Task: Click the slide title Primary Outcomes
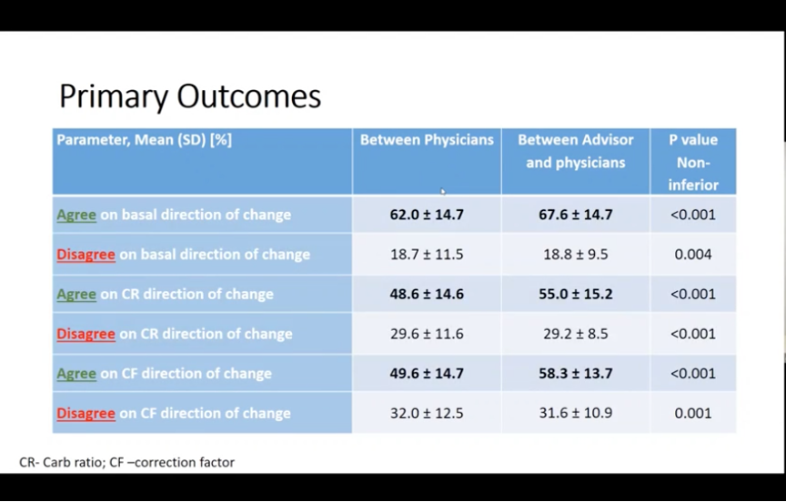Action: click(190, 96)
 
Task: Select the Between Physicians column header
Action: click(427, 140)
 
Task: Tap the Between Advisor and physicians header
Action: click(576, 151)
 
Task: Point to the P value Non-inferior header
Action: click(693, 162)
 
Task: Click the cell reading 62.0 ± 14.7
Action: click(427, 215)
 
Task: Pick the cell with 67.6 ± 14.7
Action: click(576, 215)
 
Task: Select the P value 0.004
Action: click(693, 254)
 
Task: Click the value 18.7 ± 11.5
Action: click(427, 254)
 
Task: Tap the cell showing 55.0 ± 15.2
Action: click(576, 294)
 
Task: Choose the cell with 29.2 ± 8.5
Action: click(576, 334)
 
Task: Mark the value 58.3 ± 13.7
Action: click(576, 373)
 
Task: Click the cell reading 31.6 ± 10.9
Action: click(576, 413)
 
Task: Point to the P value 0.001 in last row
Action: click(693, 413)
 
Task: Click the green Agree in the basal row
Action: click(76, 215)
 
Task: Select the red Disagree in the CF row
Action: click(86, 413)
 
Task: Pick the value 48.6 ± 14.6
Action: click(427, 294)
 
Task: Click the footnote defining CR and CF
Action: click(126, 462)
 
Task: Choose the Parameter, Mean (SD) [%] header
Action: click(145, 140)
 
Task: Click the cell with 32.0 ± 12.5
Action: click(427, 413)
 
